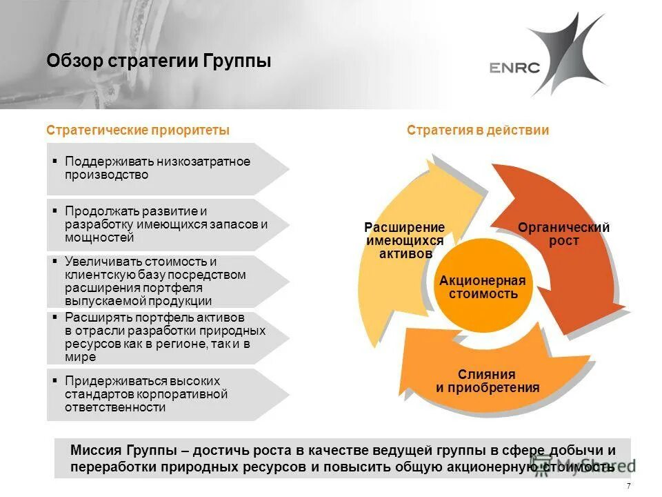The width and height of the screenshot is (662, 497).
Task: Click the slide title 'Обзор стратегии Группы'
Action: pyautogui.click(x=159, y=61)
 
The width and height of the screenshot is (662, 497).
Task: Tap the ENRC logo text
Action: pyautogui.click(x=514, y=67)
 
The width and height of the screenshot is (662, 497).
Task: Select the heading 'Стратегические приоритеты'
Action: pyautogui.click(x=138, y=130)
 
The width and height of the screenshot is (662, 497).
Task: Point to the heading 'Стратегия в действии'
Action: pyautogui.click(x=478, y=130)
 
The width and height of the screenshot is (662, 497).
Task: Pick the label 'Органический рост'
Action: pyautogui.click(x=564, y=235)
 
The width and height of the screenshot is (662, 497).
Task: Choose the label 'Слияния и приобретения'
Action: pyautogui.click(x=487, y=381)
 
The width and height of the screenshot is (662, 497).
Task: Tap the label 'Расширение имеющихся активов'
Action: pyautogui.click(x=405, y=241)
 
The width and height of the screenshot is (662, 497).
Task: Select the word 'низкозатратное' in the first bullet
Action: pyautogui.click(x=203, y=162)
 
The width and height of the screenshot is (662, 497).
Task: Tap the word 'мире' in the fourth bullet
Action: pyautogui.click(x=81, y=358)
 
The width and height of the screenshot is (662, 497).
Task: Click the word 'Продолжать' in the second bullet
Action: pyautogui.click(x=99, y=211)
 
